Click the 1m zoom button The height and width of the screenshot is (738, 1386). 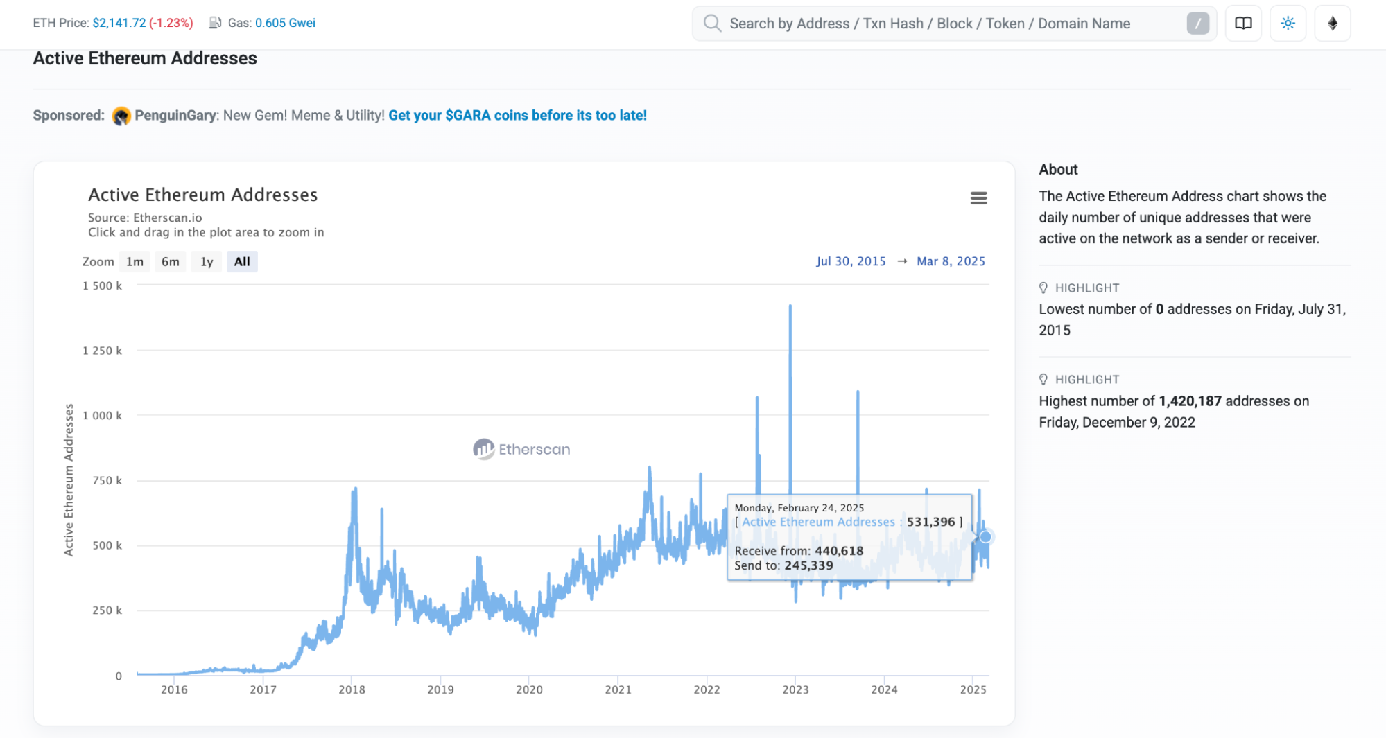pos(135,261)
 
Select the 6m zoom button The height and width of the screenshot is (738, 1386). pos(170,261)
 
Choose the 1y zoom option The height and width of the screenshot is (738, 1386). pos(207,261)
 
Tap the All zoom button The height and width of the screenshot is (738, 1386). pos(242,261)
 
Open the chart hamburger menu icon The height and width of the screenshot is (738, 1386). pos(978,198)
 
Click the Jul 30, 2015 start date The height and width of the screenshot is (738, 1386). pos(851,261)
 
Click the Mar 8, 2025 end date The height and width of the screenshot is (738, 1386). pos(951,261)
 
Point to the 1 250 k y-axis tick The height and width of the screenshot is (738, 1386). pos(102,351)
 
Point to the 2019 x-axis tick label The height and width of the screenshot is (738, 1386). pos(440,689)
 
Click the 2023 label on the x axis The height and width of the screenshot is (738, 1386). pos(795,689)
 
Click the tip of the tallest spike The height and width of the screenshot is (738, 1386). pos(790,306)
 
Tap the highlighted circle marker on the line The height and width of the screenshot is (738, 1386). pos(985,537)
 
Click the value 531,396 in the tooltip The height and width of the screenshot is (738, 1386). pos(930,522)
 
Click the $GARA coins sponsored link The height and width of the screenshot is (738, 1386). pos(517,115)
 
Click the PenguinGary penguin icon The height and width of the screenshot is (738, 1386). pos(121,116)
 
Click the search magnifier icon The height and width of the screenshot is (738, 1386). pos(712,23)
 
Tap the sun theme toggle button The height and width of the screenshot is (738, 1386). pos(1288,23)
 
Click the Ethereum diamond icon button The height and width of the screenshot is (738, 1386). pos(1332,23)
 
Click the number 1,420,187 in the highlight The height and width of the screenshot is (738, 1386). pos(1190,401)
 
